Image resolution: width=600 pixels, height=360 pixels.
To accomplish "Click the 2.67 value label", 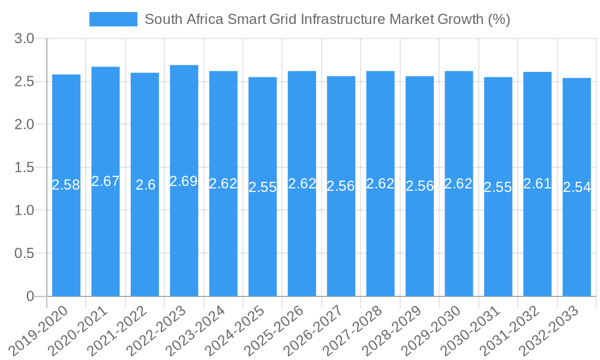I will click(106, 181).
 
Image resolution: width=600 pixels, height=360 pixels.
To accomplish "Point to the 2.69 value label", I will click(184, 181).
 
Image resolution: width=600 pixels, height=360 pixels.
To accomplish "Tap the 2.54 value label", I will click(577, 187).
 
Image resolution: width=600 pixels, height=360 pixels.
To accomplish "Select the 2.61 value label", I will click(538, 184).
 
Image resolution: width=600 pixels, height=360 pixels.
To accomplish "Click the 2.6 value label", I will click(145, 185).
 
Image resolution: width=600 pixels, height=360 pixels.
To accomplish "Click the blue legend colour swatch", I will click(113, 19).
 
